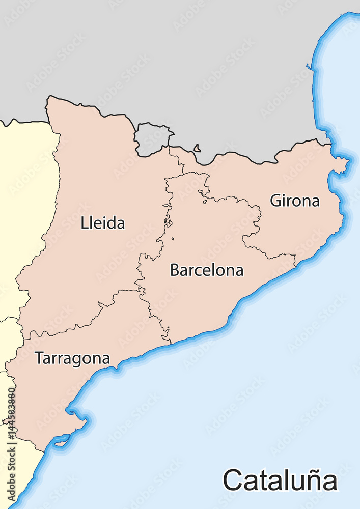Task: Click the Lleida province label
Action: (102, 223)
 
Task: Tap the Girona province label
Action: (295, 201)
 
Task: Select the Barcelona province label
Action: (206, 270)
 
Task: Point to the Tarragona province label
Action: (72, 358)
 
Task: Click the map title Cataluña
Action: (280, 480)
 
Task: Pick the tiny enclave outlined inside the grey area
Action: (197, 149)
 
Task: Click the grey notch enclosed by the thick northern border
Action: (153, 138)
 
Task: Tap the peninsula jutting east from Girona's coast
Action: (342, 163)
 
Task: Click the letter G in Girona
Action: (275, 201)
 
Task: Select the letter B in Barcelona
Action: (175, 270)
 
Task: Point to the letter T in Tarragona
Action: (39, 358)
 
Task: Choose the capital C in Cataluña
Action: (232, 480)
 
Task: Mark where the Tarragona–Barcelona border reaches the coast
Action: (170, 343)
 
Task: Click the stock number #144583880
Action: (11, 430)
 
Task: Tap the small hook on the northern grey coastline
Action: (309, 66)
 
